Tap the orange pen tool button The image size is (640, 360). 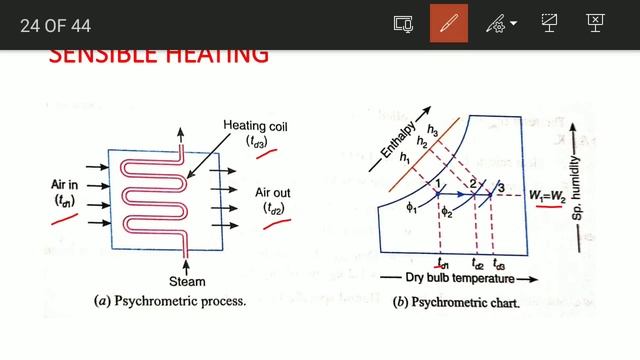click(x=449, y=23)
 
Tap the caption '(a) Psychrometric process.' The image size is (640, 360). click(x=169, y=300)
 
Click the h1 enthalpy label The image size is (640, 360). click(x=405, y=157)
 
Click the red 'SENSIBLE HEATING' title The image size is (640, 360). click(x=158, y=55)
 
